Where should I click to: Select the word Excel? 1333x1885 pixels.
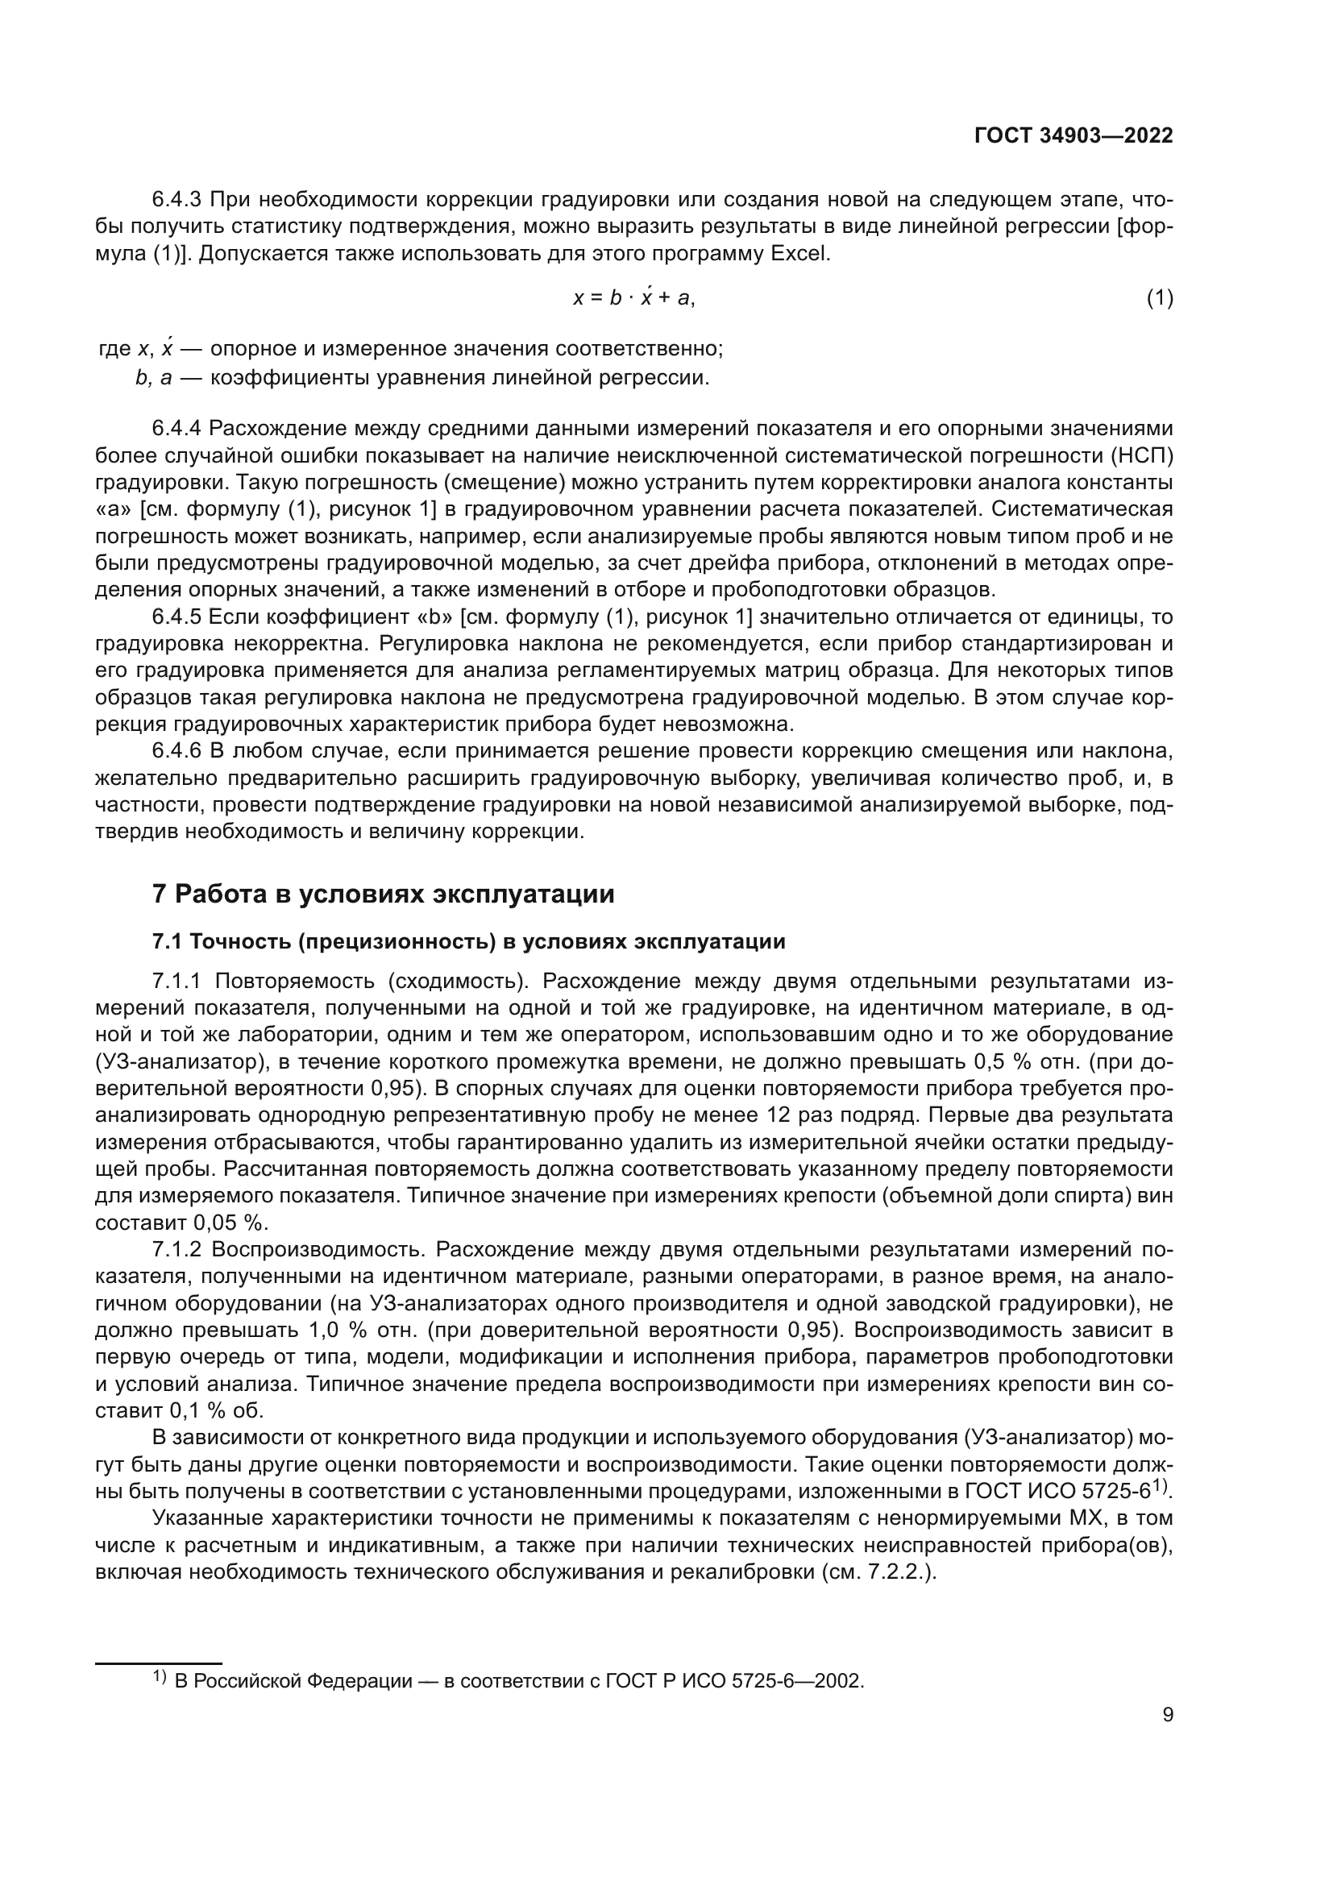799,254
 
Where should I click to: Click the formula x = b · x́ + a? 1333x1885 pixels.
633,298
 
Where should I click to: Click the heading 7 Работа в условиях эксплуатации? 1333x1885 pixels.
384,894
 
